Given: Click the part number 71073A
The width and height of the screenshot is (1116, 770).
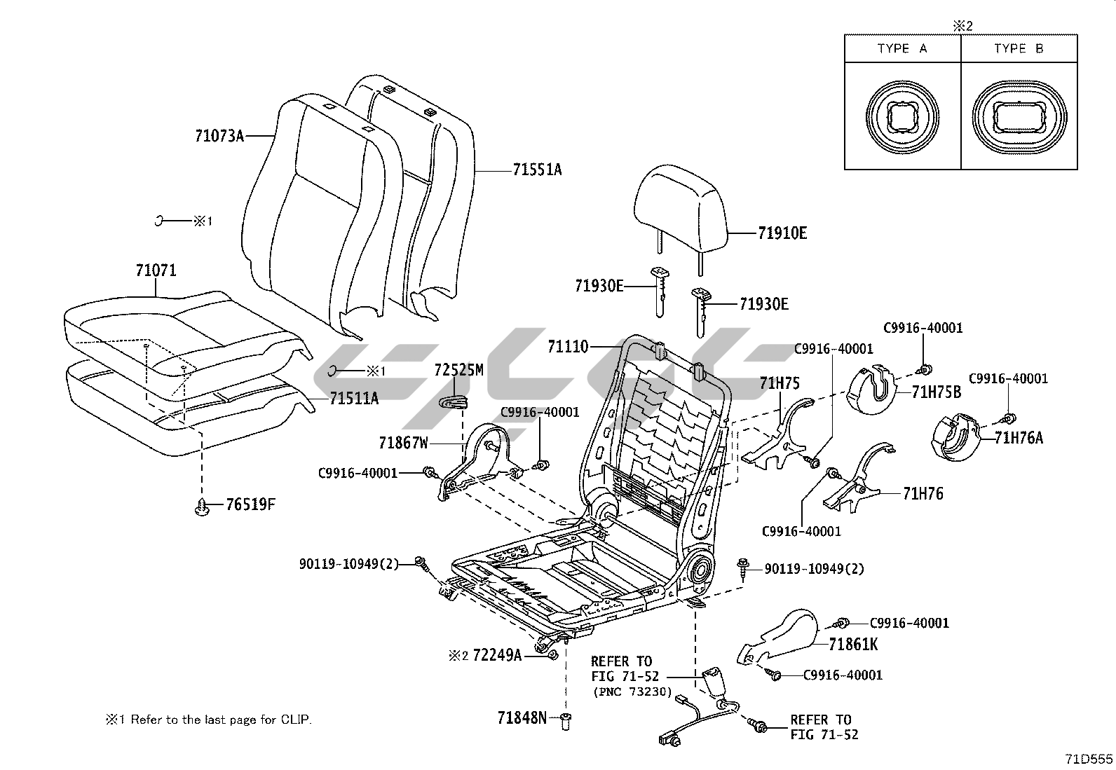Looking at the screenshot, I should point(219,136).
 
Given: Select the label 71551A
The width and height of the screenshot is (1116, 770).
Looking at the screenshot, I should point(537,170).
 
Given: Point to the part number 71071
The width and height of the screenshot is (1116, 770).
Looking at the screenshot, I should point(156,270).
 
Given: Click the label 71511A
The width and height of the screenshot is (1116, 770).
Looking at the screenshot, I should point(354,399).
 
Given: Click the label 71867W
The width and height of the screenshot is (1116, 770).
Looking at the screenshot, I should point(403,443).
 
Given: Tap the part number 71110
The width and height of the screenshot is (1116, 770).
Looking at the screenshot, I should point(569,346).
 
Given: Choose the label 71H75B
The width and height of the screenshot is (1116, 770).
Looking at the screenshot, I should point(937,392).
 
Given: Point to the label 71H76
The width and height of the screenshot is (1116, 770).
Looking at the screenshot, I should point(923,494).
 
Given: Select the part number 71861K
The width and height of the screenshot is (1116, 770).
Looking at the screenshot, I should point(853,645).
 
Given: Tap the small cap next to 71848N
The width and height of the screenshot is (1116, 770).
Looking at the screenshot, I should point(566,720).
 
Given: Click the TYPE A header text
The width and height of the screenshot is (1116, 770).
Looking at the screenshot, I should point(902,48).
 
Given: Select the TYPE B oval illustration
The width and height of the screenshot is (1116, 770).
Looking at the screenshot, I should point(1019,116).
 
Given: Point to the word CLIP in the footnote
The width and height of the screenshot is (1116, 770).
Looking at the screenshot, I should point(295,720).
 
